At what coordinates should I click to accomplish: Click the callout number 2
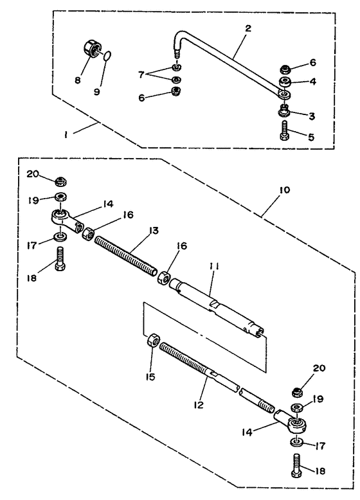pos(248,28)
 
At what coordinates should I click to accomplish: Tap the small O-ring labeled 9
pos(107,55)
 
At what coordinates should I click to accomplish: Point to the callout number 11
pos(213,266)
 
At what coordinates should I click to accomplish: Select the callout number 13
pos(154,230)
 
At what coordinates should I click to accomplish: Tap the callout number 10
pos(284,190)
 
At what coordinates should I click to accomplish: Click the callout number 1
pos(66,135)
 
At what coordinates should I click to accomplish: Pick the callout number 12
pos(198,405)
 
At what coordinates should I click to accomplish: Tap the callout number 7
pos(141,75)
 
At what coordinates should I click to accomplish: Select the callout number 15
pos(150,377)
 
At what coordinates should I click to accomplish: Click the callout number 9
pos(97,92)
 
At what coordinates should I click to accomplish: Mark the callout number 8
pos(78,80)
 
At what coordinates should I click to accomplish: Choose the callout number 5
pos(311,137)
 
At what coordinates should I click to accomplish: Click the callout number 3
pos(312,116)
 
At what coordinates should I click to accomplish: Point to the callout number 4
pos(313,82)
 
